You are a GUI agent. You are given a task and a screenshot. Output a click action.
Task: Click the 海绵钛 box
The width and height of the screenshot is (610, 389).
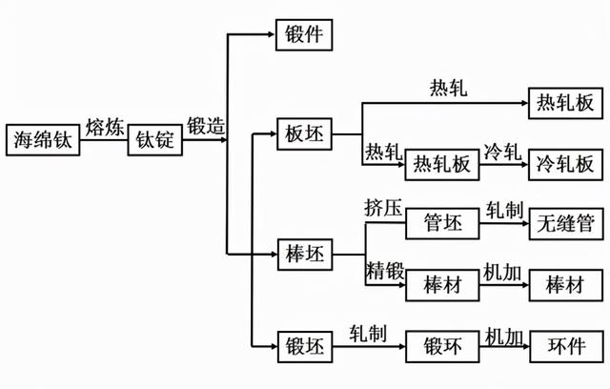(x=39, y=140)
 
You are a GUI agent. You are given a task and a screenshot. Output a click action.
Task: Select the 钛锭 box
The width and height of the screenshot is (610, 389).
(x=153, y=140)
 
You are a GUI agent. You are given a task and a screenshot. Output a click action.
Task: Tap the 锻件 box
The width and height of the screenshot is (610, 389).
(x=303, y=36)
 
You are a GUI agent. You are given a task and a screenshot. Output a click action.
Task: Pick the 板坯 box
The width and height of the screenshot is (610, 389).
(x=303, y=134)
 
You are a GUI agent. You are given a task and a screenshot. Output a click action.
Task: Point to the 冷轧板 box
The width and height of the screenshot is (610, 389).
(x=565, y=163)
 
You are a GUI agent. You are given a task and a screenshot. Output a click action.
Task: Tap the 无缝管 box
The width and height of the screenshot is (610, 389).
(x=565, y=224)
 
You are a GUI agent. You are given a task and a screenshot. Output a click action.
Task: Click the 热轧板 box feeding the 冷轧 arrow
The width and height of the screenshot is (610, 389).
(x=441, y=163)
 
